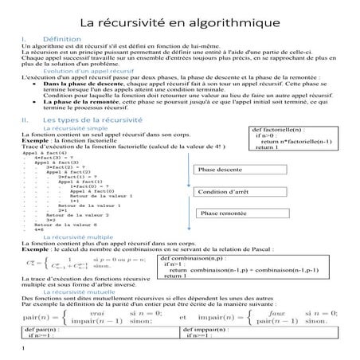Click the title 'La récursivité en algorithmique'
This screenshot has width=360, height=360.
tap(179, 18)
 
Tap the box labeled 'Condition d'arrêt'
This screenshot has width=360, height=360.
tap(225, 192)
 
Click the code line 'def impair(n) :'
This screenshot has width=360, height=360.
tap(208, 328)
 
